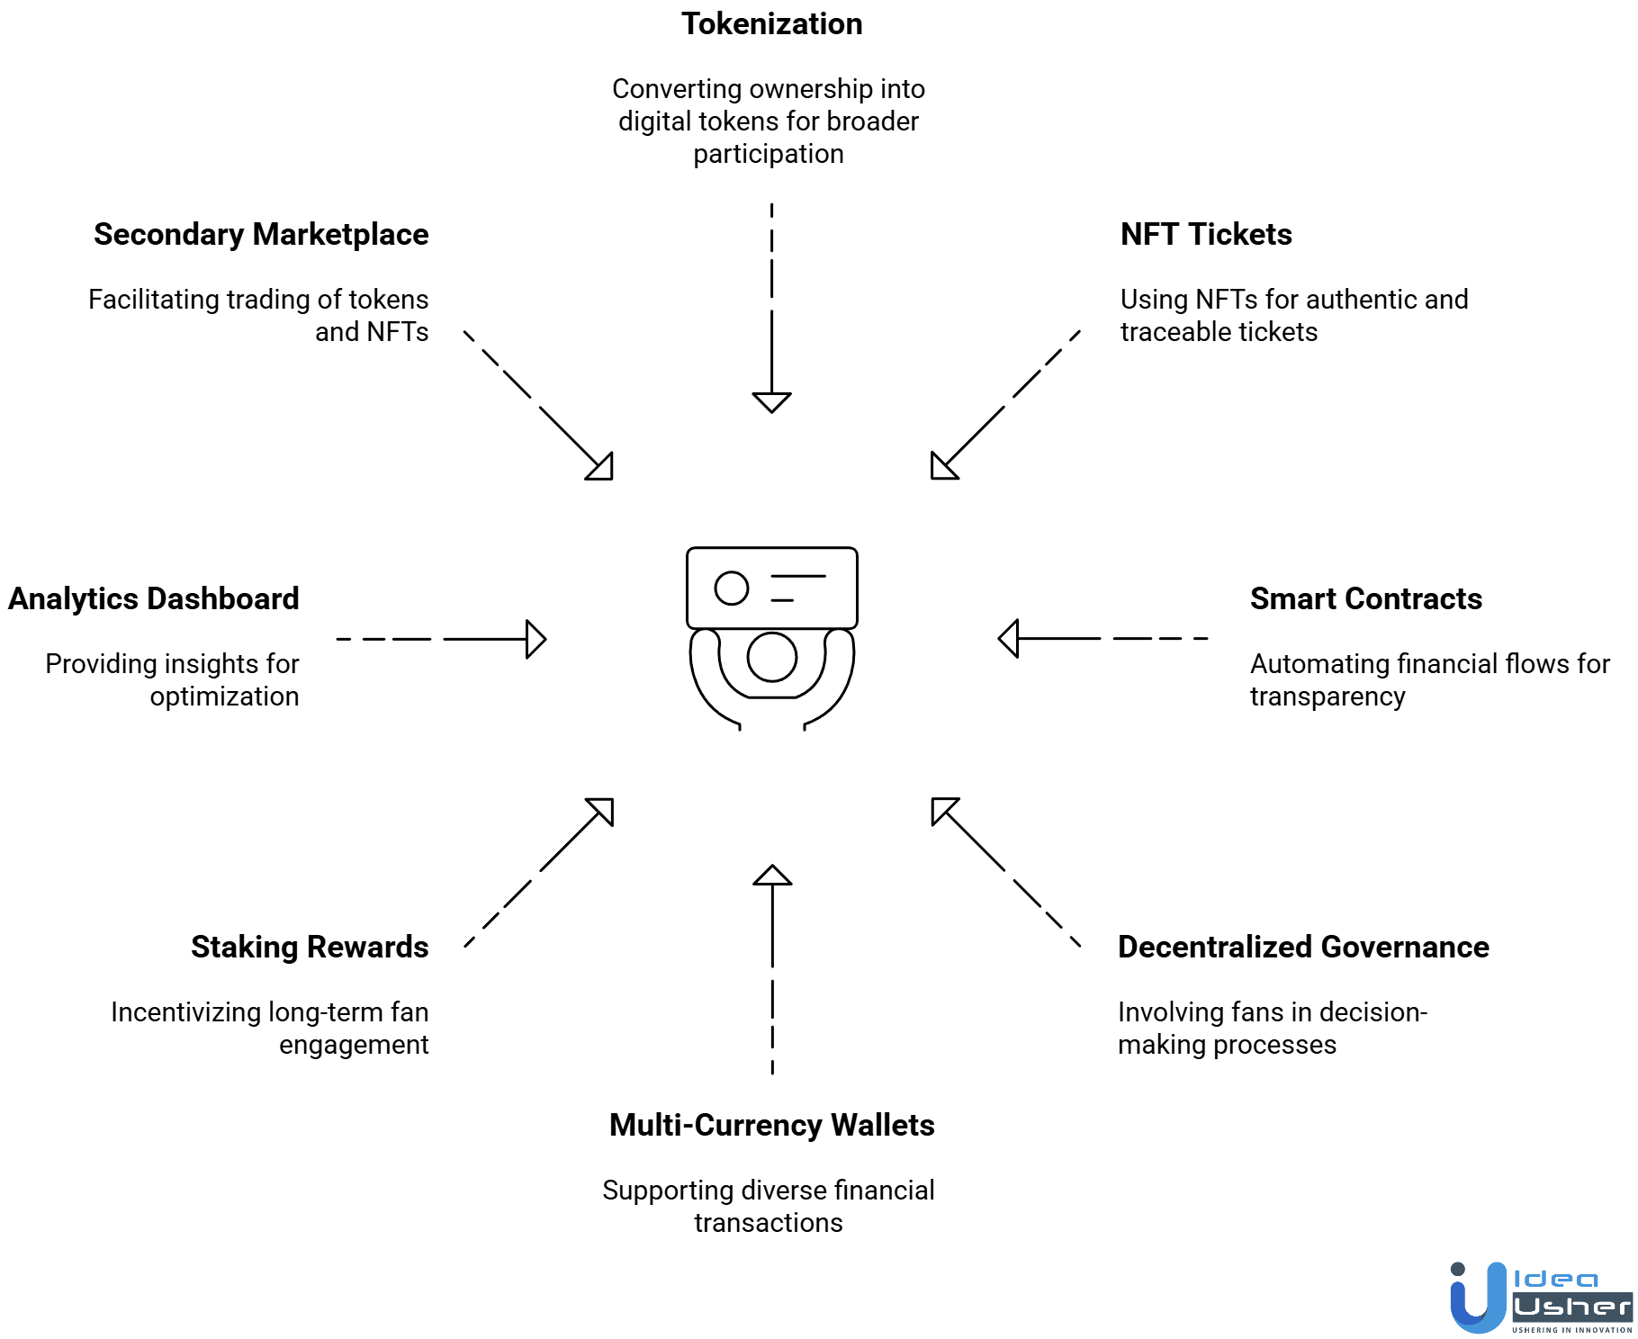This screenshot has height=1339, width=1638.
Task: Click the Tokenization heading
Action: (x=771, y=24)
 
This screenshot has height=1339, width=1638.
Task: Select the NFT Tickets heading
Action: (x=1205, y=235)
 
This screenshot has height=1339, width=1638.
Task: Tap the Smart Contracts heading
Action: (x=1365, y=599)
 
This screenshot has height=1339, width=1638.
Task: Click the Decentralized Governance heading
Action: (x=1302, y=948)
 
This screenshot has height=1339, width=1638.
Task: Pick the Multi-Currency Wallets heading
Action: (x=771, y=1126)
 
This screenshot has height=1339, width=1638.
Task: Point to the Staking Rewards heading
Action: (x=309, y=948)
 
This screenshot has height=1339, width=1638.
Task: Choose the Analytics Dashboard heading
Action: (x=153, y=599)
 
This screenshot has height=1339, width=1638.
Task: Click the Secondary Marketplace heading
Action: (x=261, y=235)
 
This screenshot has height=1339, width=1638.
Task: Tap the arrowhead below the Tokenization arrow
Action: (x=771, y=401)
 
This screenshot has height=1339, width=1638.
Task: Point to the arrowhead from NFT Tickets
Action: (x=940, y=469)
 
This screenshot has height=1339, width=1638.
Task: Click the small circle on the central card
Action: (x=731, y=589)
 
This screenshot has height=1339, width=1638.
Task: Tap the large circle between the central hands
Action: (x=771, y=657)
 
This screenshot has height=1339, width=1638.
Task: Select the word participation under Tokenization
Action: (x=768, y=155)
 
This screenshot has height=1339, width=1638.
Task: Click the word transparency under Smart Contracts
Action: (x=1327, y=697)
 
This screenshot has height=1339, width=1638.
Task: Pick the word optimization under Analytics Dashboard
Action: (x=224, y=697)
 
